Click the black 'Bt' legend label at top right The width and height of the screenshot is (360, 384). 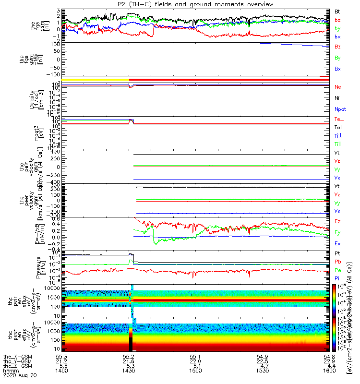coord(338,11)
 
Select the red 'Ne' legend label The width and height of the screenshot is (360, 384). coord(338,87)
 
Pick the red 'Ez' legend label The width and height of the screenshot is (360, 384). coord(338,221)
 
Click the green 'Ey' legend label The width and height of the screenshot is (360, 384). coord(338,233)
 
